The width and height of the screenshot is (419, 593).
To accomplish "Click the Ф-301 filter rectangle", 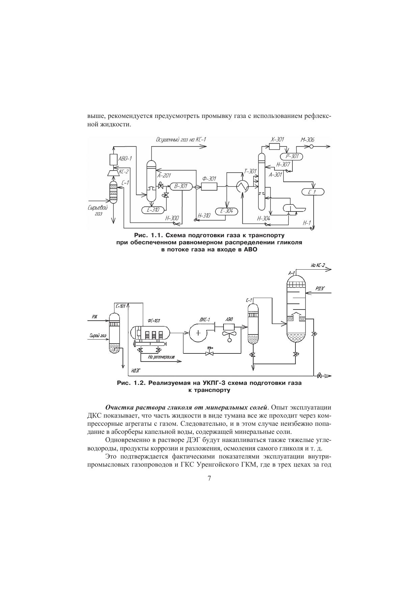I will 209,186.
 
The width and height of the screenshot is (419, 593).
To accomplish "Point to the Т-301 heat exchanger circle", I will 242,186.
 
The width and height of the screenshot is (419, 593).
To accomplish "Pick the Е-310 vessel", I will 153,210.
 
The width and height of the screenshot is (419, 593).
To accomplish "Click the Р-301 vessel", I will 291,156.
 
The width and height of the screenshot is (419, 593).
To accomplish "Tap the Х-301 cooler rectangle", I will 274,146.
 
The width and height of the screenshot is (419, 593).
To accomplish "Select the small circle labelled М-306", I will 312,146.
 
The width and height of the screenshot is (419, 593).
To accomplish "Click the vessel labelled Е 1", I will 313,192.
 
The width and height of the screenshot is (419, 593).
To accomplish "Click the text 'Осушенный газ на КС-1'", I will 181,140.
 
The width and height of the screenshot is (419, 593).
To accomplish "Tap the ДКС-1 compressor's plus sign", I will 198,333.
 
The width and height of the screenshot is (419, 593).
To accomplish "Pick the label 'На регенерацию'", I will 161,356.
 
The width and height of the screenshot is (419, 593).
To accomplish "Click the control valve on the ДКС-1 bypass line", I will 210,352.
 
